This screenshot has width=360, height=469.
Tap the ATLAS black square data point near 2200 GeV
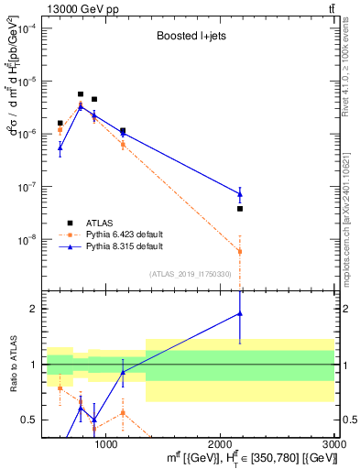[x=240, y=209]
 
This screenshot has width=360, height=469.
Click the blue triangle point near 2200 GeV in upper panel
[x=240, y=193]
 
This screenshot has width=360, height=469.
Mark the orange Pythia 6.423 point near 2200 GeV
[x=240, y=251]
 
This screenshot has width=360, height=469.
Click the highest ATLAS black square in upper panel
[x=81, y=94]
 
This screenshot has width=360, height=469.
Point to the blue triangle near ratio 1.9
[x=240, y=313]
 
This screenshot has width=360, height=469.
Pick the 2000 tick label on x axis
[x=220, y=444]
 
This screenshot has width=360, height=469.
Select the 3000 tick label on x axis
[x=333, y=444]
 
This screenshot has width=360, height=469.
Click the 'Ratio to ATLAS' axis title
[x=12, y=365]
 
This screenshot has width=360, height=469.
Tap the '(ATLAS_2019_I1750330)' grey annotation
[x=190, y=274]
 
